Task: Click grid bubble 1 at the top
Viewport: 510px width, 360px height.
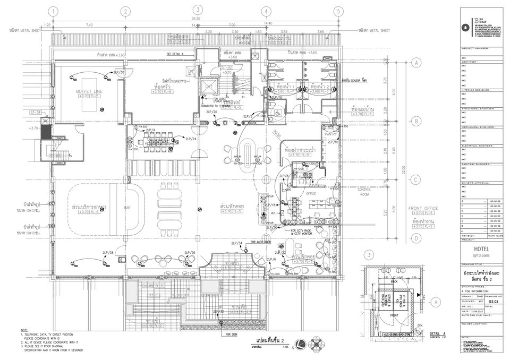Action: pos(53,11)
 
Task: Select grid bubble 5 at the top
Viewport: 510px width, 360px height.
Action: pos(337,11)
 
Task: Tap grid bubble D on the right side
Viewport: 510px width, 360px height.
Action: pos(416,238)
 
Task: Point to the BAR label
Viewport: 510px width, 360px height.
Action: pos(127,208)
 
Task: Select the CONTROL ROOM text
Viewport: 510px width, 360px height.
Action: pos(364,191)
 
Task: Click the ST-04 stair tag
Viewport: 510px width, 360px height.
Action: pos(36,113)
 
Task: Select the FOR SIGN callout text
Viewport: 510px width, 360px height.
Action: pos(231,335)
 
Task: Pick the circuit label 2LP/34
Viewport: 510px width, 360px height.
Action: pos(237,243)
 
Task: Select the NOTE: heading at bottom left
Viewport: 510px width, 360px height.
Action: pos(24,330)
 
